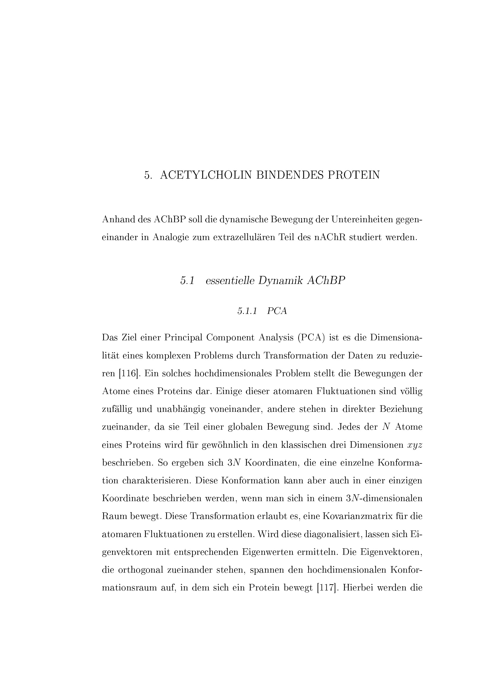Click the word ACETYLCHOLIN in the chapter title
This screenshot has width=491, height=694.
tap(206, 175)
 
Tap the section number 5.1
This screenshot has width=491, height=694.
tap(187, 281)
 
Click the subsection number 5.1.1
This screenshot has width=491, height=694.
tap(247, 311)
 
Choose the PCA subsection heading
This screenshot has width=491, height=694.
tap(277, 311)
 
